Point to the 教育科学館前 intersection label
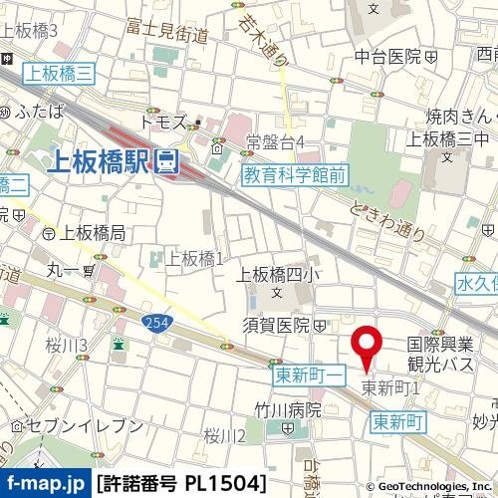coord(296,176)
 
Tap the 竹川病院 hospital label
coord(287,409)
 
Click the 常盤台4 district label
coord(275,141)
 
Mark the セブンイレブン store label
coord(77,425)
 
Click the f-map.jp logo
coord(46,484)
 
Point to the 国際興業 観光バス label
coord(440,351)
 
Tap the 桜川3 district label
coord(66,346)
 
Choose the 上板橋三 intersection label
coord(60,72)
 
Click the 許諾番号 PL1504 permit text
coord(182,484)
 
